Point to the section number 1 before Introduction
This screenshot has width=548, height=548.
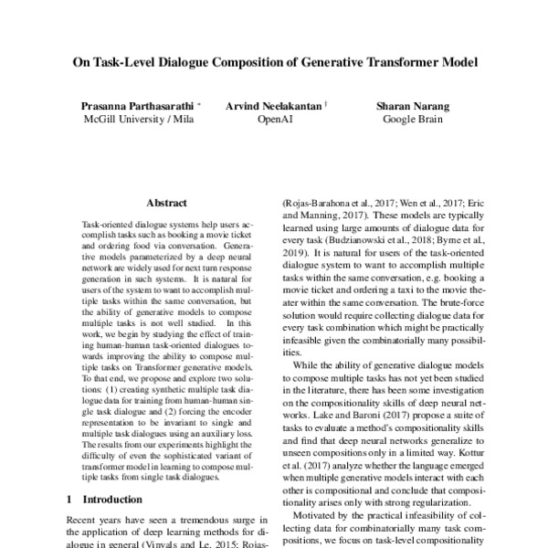pos(70,500)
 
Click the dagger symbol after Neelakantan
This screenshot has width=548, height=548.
pos(326,104)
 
